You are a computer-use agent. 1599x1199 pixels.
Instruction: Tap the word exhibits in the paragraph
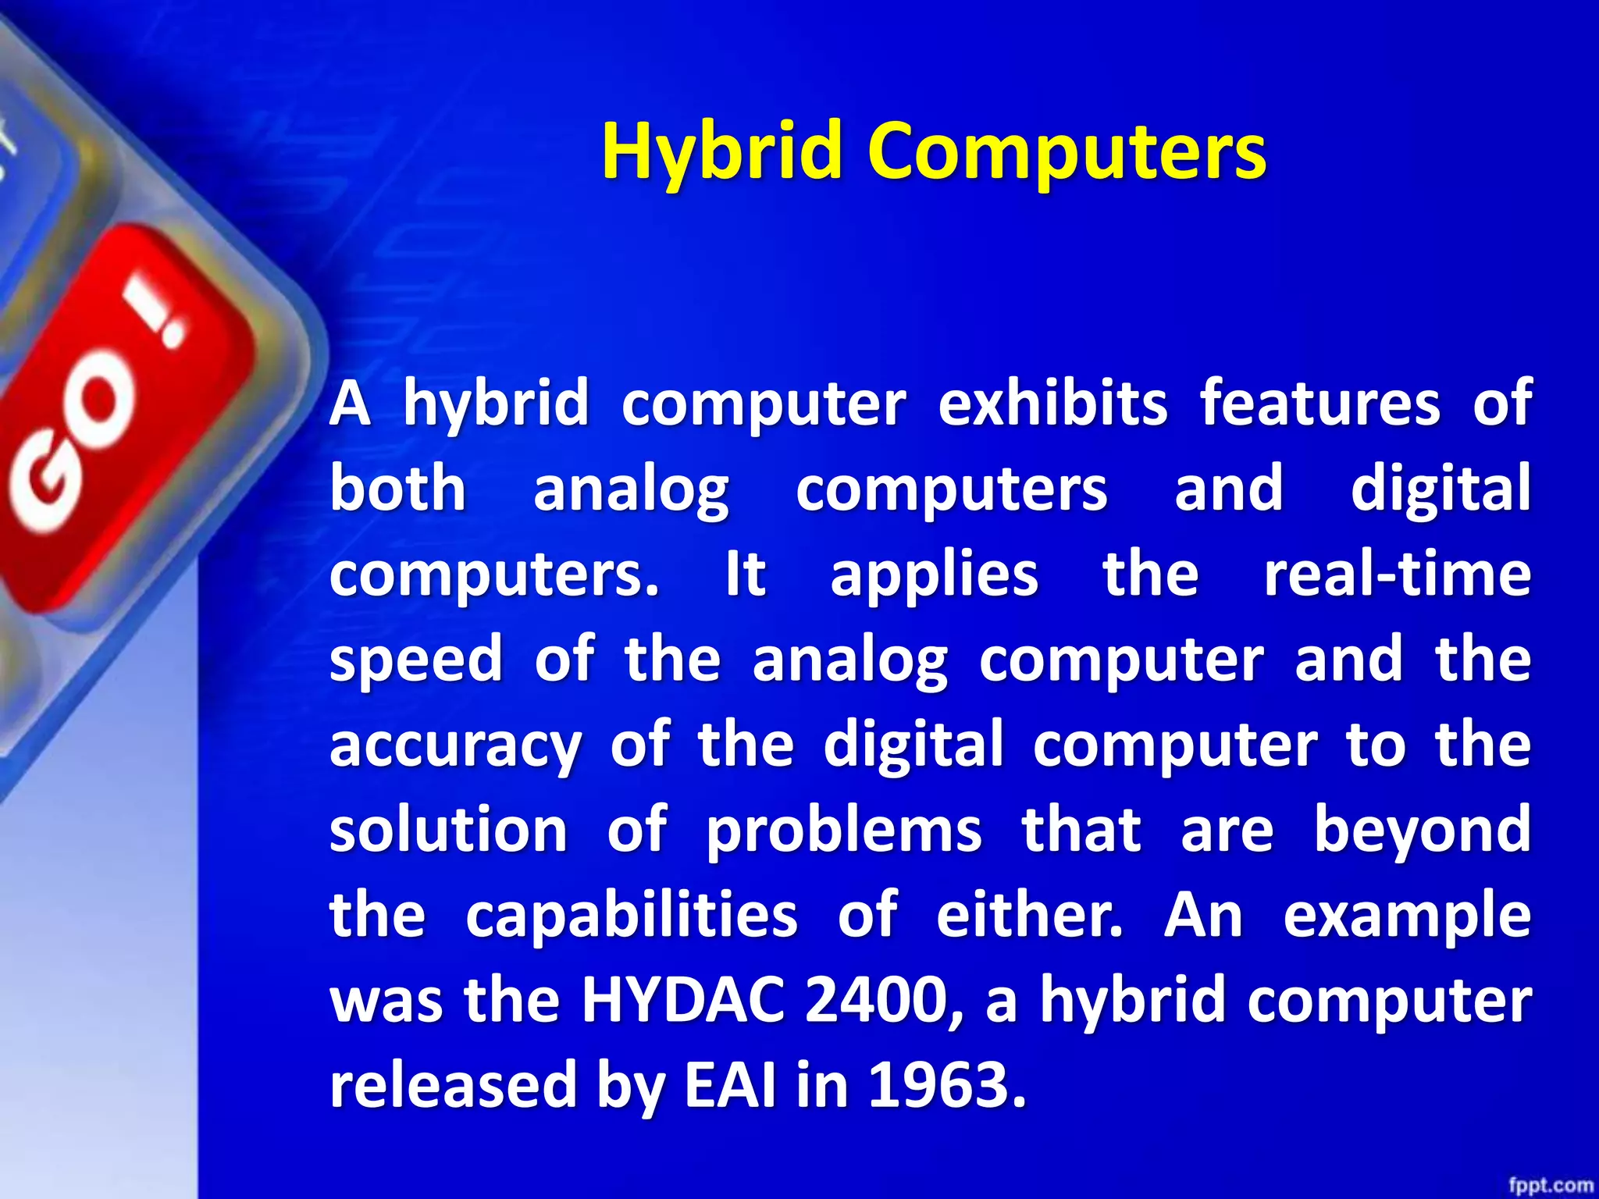(x=1052, y=404)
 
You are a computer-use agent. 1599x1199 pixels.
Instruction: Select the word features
(x=1319, y=404)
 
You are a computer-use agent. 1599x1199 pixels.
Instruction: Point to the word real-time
(x=1397, y=575)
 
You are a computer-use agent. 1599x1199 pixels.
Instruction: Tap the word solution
(x=448, y=830)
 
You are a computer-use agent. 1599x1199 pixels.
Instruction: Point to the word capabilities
(x=631, y=916)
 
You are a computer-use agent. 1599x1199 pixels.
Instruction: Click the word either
(x=1028, y=915)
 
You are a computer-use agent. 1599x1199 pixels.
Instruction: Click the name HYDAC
(x=682, y=1001)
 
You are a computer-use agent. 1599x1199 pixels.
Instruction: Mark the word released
(x=452, y=1085)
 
